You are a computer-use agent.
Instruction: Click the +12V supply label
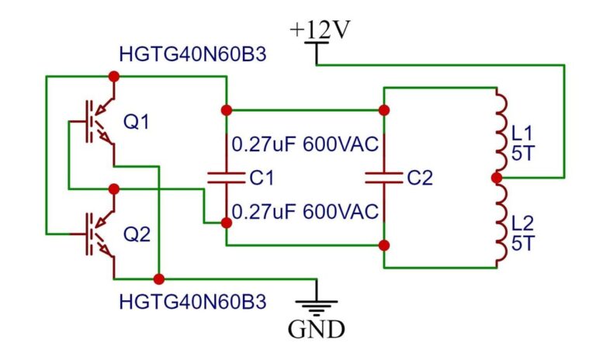pyautogui.click(x=321, y=31)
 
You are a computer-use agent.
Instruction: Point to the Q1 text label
pyautogui.click(x=137, y=122)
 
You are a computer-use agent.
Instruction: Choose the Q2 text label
pyautogui.click(x=137, y=234)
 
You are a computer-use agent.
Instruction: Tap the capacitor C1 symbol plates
pyautogui.click(x=226, y=178)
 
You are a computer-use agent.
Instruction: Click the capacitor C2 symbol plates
pyautogui.click(x=383, y=178)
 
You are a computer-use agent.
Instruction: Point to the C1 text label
pyautogui.click(x=262, y=178)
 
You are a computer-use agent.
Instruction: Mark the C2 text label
pyautogui.click(x=419, y=178)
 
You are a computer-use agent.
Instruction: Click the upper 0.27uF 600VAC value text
pyautogui.click(x=305, y=144)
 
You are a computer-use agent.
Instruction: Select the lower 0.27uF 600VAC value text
pyautogui.click(x=305, y=211)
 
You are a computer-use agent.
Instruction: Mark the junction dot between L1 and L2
pyautogui.click(x=497, y=178)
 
